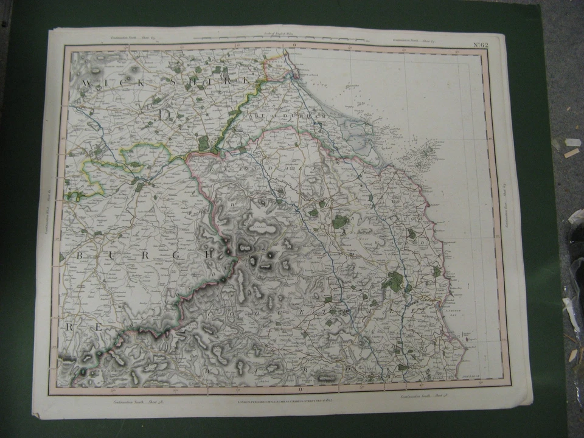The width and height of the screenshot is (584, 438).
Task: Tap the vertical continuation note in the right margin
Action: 505,201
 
